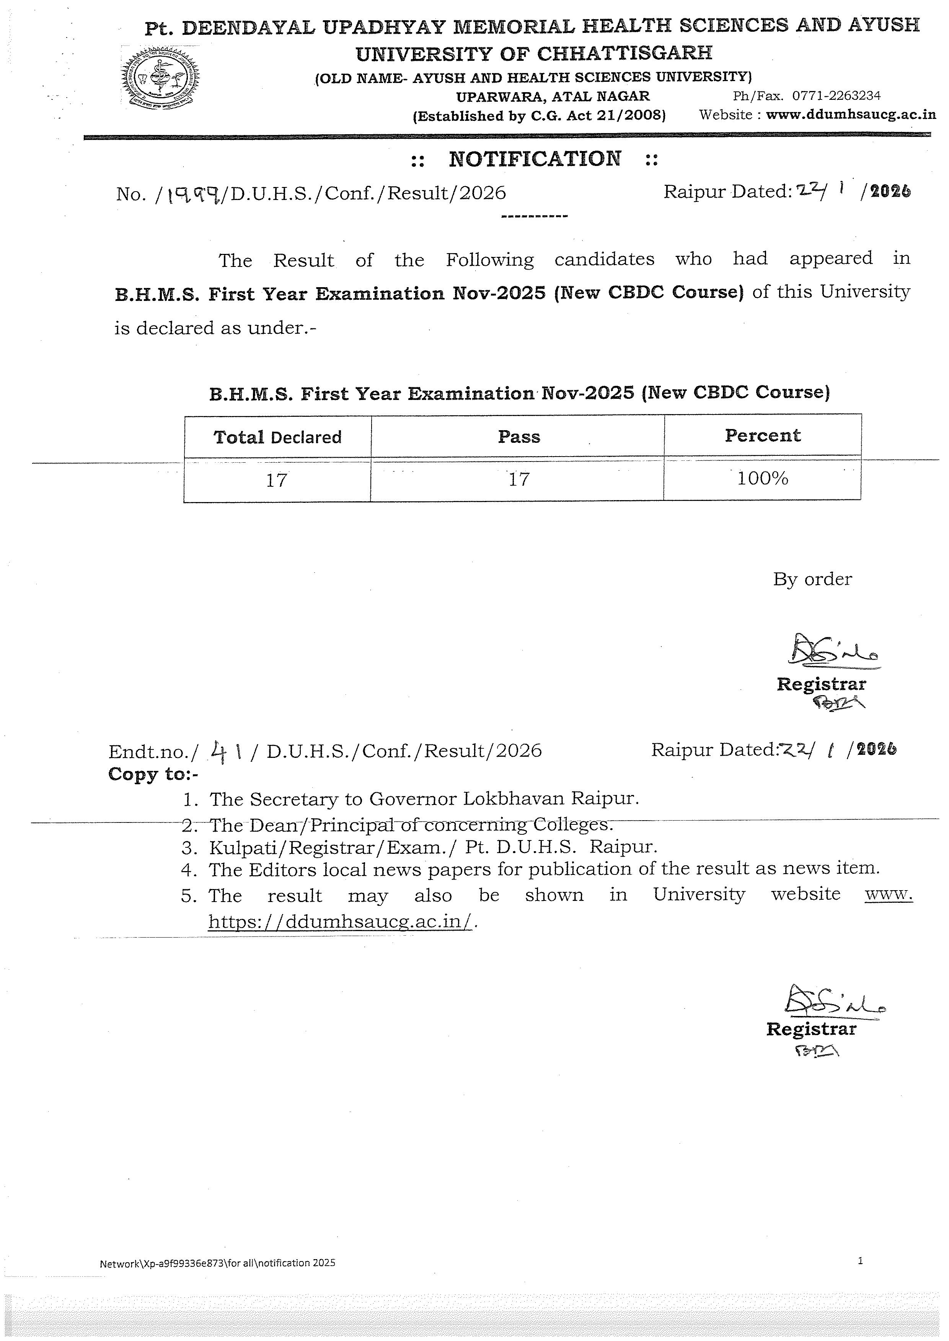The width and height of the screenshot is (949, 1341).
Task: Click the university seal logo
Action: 160,79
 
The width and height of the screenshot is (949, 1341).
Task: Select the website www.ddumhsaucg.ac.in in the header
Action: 851,114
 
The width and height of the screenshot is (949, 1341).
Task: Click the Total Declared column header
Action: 277,437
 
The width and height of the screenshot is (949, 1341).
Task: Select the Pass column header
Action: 519,436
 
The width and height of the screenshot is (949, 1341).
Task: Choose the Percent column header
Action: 763,435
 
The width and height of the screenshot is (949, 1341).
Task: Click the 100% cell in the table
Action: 763,478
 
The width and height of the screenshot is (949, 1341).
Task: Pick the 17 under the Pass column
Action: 519,479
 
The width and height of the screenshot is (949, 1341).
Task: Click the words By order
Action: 812,579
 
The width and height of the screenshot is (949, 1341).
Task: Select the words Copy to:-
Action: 153,774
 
